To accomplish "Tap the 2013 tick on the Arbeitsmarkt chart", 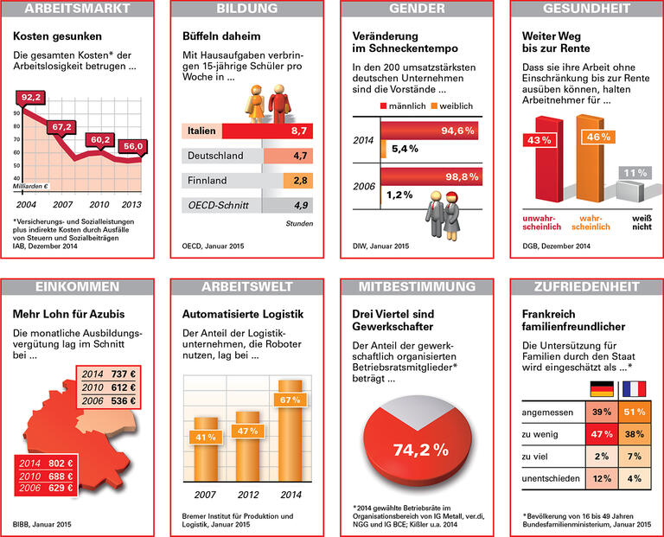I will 131,204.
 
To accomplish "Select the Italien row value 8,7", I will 302,131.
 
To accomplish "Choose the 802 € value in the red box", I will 61,463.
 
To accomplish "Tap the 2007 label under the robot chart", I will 205,495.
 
